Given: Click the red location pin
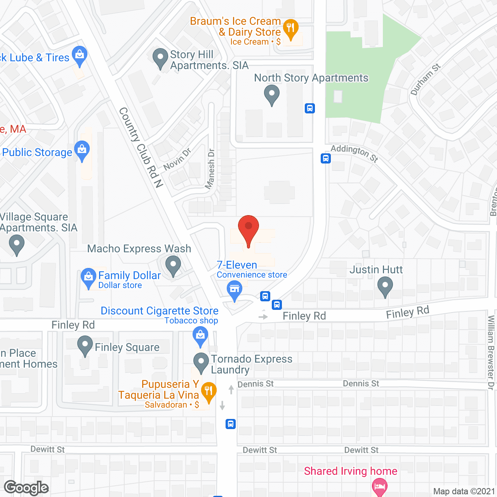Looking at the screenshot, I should click(x=248, y=229).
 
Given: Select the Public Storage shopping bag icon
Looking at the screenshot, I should click(x=82, y=150).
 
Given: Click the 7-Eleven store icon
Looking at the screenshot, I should click(x=235, y=290).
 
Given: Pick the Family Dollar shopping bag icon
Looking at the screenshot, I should click(x=89, y=277).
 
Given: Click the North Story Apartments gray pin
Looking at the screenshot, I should click(x=272, y=94).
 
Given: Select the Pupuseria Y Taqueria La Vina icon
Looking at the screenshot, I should click(x=209, y=392).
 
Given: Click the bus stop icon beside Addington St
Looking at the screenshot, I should click(x=326, y=158).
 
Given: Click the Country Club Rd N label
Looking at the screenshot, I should click(x=141, y=148).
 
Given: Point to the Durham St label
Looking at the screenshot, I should click(x=425, y=79).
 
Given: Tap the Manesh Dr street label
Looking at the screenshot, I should click(x=210, y=169).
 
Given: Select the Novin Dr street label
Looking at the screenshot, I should click(x=177, y=159).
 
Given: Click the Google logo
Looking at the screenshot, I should click(x=26, y=488).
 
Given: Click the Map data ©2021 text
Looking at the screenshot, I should click(x=464, y=491).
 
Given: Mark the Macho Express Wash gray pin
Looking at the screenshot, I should click(x=173, y=266).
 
